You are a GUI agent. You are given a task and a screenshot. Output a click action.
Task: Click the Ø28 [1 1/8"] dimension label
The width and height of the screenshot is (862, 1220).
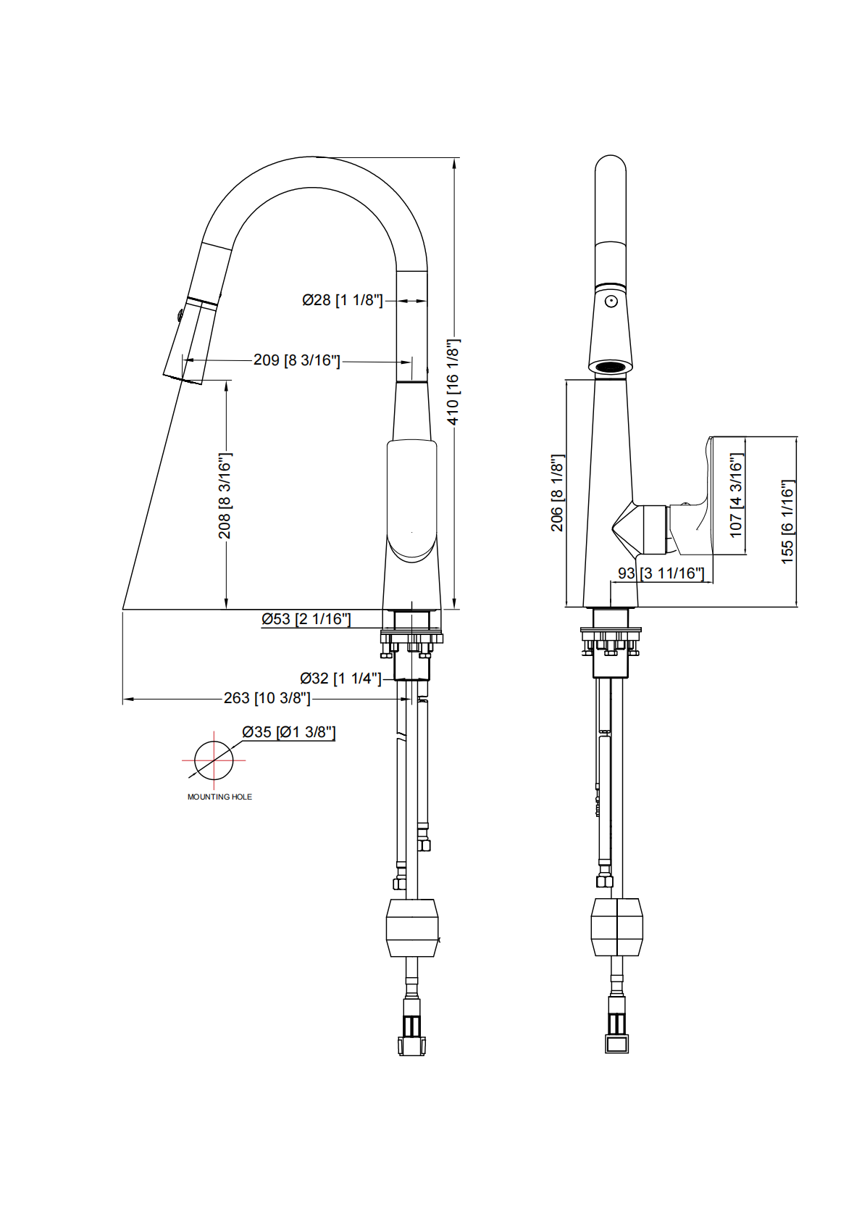(x=342, y=300)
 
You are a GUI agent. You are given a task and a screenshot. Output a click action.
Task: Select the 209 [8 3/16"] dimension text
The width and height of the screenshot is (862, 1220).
(x=296, y=360)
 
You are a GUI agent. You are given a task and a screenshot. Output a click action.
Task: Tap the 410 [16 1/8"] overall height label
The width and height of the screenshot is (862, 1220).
(x=453, y=382)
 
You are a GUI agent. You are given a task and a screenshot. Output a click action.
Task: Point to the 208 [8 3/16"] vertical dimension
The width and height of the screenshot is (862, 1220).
(x=225, y=496)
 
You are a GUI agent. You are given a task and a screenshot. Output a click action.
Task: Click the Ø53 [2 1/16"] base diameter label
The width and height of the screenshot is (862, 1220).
(x=306, y=619)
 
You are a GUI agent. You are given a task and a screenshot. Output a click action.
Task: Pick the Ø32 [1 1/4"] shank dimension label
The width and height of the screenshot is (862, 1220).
(x=340, y=679)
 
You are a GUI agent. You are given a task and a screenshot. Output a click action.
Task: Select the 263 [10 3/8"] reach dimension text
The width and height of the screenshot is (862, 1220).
(x=267, y=698)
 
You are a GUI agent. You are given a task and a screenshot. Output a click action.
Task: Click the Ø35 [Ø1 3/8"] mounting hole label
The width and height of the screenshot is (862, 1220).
(x=288, y=732)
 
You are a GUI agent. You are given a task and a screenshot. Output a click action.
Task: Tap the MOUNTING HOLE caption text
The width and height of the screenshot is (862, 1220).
(x=219, y=797)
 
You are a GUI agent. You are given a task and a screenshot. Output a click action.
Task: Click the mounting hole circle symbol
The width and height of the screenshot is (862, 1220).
(x=214, y=760)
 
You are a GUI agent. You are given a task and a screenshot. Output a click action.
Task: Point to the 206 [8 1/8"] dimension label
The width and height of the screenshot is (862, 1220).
(x=557, y=493)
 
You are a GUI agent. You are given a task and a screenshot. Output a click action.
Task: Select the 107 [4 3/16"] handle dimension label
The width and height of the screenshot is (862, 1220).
(x=736, y=495)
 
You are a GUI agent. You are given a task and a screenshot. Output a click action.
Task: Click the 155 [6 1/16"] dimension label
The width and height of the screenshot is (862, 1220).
(x=787, y=522)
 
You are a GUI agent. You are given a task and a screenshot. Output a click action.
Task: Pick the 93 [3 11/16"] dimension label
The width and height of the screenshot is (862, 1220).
(x=661, y=573)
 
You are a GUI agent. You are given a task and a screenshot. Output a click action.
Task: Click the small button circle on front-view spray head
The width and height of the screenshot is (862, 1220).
(x=611, y=301)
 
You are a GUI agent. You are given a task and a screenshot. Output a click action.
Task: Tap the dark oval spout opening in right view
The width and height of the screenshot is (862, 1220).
(x=611, y=368)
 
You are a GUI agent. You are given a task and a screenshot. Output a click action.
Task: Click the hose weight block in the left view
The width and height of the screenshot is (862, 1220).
(x=412, y=928)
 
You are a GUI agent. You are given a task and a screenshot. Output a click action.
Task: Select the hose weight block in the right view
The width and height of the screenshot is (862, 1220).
(x=617, y=927)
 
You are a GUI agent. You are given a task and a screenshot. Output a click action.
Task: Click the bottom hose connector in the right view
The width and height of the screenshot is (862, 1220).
(x=616, y=1042)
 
